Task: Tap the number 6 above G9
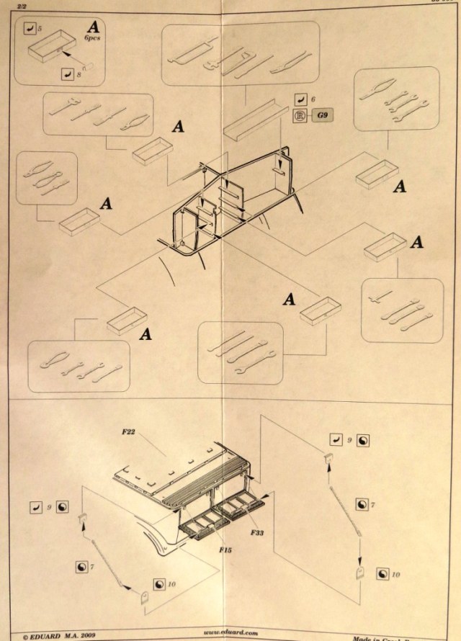tap(315, 98)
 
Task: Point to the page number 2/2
tap(12, 4)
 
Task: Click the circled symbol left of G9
tap(300, 115)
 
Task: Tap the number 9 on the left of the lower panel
tap(50, 507)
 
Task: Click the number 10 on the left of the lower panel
tap(171, 583)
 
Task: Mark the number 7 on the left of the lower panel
tap(92, 568)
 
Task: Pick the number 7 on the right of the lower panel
tap(372, 506)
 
